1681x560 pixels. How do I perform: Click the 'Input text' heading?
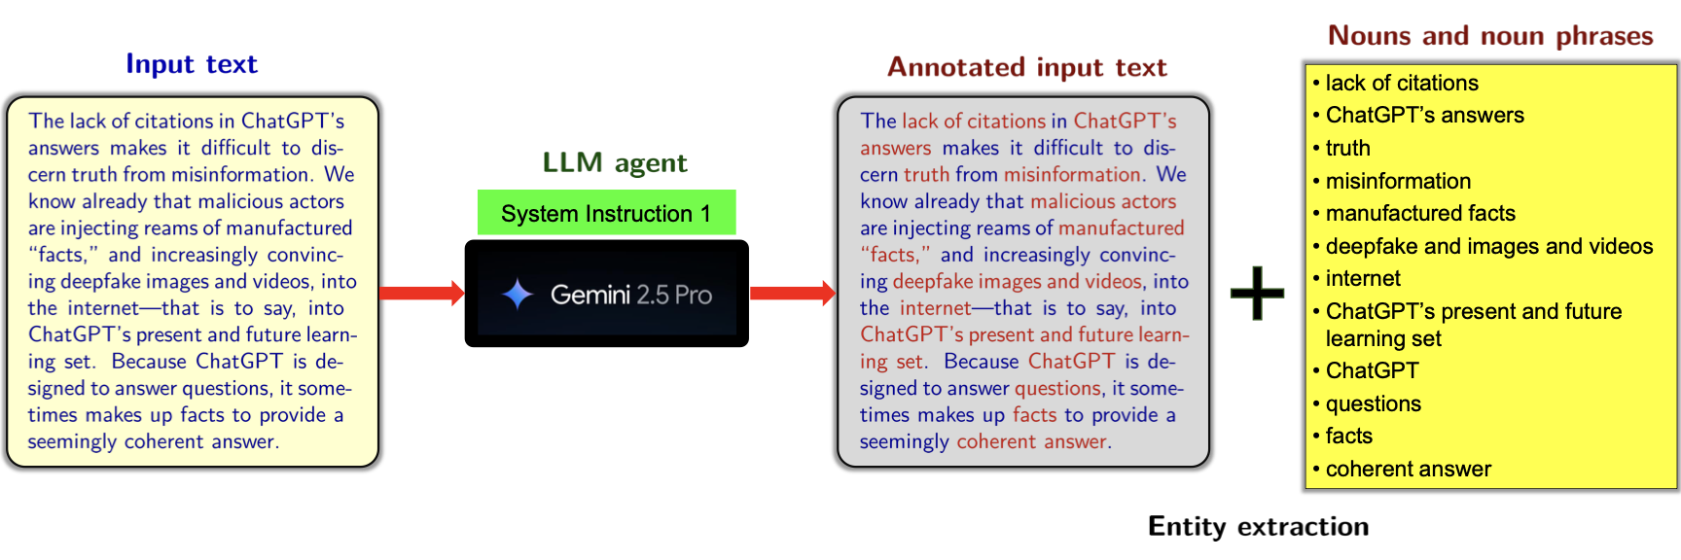point(192,64)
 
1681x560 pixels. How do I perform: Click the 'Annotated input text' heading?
point(1026,67)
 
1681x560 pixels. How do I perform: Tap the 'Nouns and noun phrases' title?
point(1490,36)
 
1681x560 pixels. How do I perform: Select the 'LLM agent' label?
point(615,162)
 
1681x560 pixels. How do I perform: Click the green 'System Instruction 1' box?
point(606,213)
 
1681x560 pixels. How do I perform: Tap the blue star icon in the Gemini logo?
point(518,294)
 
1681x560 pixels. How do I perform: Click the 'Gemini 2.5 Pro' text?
point(630,295)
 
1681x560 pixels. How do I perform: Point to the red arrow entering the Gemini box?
point(421,293)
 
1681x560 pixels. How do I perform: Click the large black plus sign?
point(1257,293)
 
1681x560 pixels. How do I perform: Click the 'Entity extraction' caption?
point(1258,526)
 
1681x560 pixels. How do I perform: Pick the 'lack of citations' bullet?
point(1401,83)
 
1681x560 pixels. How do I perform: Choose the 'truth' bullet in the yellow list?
point(1347,148)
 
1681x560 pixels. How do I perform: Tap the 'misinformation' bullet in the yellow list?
point(1398,181)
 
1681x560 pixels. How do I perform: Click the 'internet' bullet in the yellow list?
point(1363,278)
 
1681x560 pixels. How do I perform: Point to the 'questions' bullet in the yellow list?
point(1373,403)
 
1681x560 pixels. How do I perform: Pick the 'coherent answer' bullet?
point(1408,469)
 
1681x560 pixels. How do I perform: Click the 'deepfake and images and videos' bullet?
point(1488,246)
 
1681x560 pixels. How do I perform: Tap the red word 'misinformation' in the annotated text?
point(1072,174)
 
